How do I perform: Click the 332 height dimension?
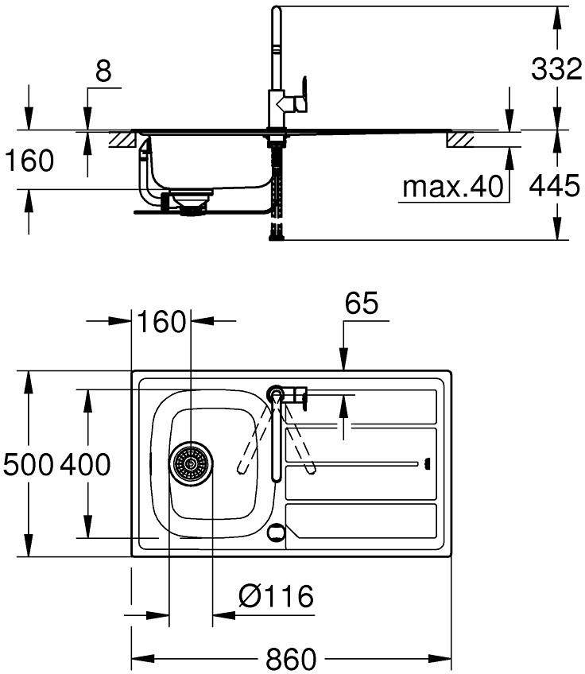tap(556, 69)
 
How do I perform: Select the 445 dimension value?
tap(555, 186)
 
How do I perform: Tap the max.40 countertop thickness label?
tap(452, 187)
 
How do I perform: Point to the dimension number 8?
tap(103, 71)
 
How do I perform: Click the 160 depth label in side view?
tap(29, 161)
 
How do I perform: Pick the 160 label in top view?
tap(161, 322)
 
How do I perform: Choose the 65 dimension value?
tap(362, 303)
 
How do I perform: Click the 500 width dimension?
tap(29, 465)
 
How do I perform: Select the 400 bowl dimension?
tap(85, 465)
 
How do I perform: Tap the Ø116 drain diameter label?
tap(276, 596)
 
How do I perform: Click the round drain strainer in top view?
tap(191, 464)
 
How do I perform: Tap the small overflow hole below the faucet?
tap(276, 533)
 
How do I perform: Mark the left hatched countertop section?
tap(122, 140)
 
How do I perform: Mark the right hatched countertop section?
tap(460, 140)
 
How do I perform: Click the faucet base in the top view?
tap(276, 393)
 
